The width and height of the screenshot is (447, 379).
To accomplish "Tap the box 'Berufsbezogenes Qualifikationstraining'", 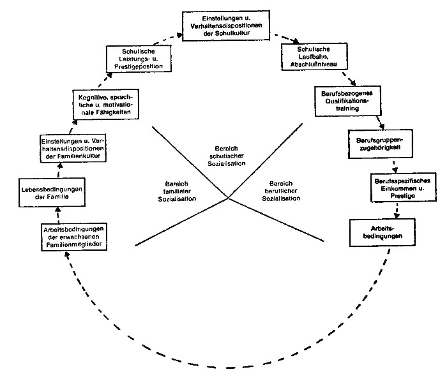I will [345, 100].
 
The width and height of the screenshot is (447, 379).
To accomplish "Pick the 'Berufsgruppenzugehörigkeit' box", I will [376, 144].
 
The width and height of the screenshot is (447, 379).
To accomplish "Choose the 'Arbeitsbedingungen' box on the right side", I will [378, 232].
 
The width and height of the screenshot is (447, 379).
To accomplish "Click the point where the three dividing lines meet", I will [229, 198].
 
